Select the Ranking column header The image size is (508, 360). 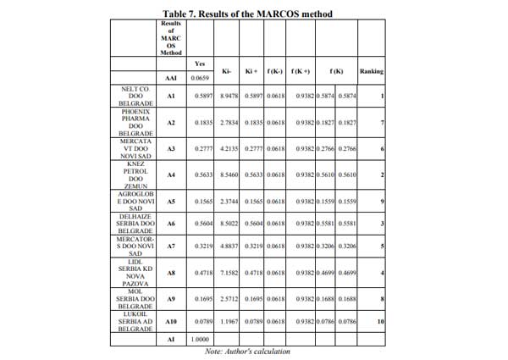coord(372,70)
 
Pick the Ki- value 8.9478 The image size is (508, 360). coord(229,97)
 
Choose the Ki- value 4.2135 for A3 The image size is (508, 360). coord(229,148)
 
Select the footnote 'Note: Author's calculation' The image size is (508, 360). coord(247,351)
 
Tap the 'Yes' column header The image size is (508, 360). coord(200,64)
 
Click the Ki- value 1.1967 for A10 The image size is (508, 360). coord(229,323)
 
